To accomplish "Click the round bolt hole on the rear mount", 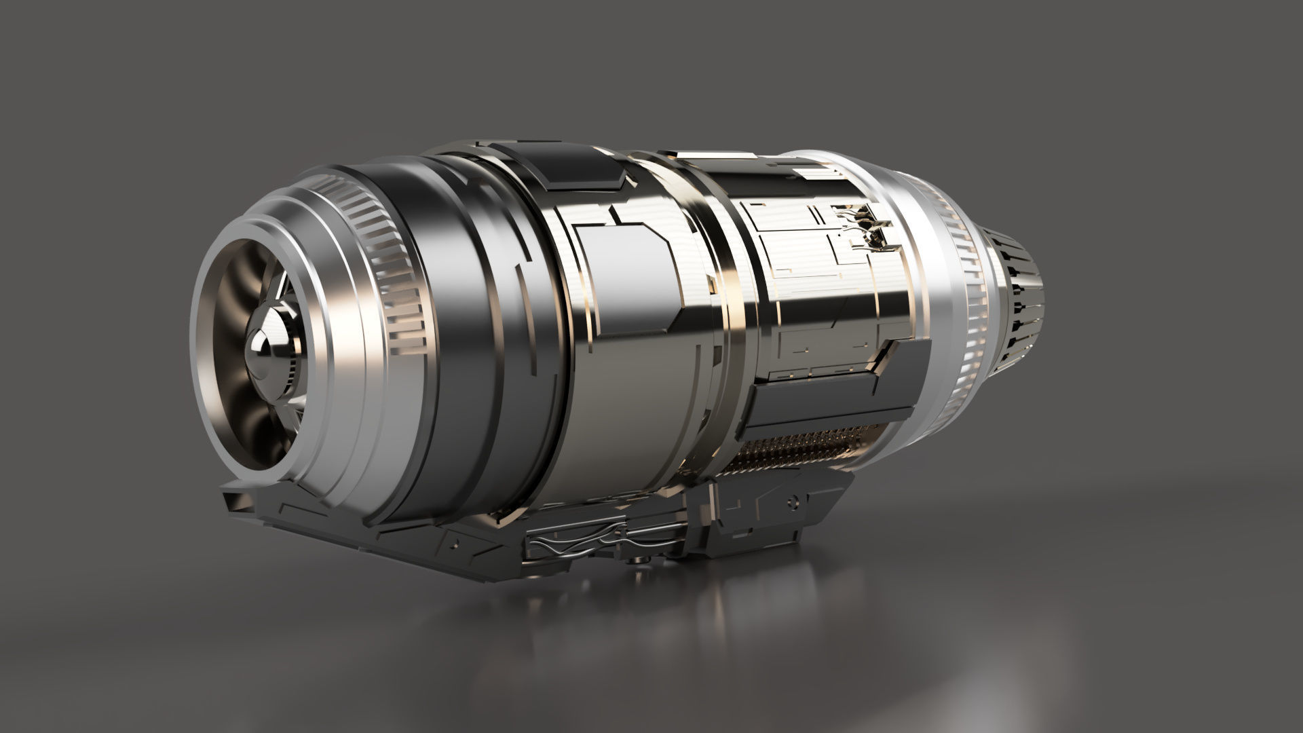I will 791,500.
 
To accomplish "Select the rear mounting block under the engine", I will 767,516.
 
